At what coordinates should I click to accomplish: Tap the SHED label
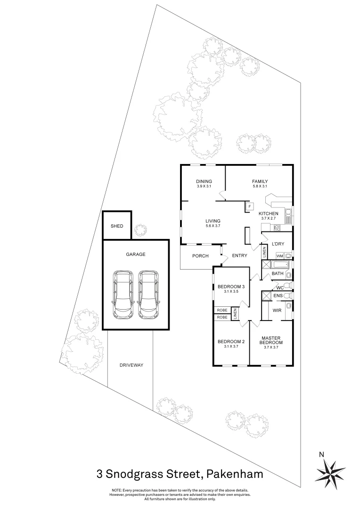pos(117,226)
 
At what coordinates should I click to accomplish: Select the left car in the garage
pos(123,295)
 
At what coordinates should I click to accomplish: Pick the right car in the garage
pos(148,295)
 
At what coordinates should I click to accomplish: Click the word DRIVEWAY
pos(131,365)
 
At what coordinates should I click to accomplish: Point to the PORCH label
pos(200,256)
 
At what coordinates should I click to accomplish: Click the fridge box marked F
pos(249,206)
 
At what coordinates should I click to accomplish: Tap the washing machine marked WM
pos(279,255)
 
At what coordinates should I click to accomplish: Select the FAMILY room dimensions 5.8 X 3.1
pos(260,187)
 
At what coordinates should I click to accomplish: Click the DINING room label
pos(204,181)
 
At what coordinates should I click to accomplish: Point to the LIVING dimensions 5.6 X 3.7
pos(213,226)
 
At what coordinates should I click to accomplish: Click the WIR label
pos(277,311)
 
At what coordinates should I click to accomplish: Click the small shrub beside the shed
pos(139,230)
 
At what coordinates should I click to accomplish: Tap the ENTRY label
pos(239,256)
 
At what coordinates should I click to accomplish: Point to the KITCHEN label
pos(268,213)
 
